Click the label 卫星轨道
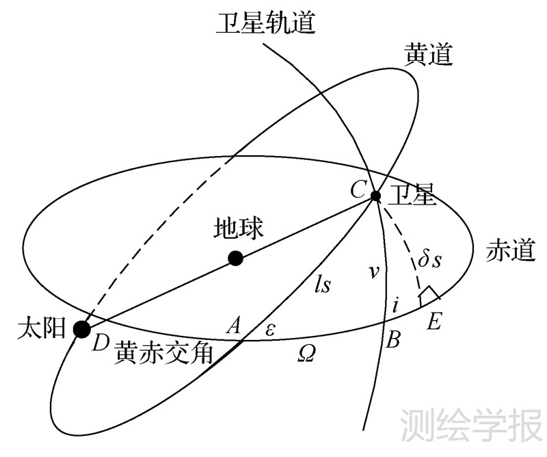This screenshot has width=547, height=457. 266,23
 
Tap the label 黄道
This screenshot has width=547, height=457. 429,55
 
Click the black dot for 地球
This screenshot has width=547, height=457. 236,258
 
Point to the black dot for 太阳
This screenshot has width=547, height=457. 82,329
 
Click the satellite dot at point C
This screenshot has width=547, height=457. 375,196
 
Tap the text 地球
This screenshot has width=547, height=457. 238,228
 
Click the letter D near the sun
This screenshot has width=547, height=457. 101,343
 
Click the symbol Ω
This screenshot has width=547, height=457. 306,353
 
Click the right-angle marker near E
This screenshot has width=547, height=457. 429,296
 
